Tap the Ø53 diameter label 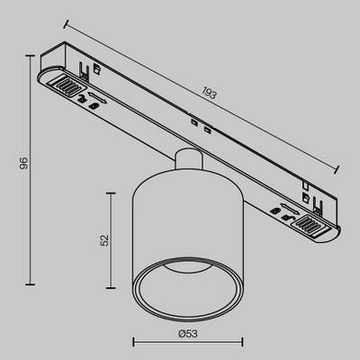pyautogui.click(x=187, y=334)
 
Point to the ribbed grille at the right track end pyautogui.click(x=311, y=224)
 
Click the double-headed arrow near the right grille pyautogui.click(x=286, y=210)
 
